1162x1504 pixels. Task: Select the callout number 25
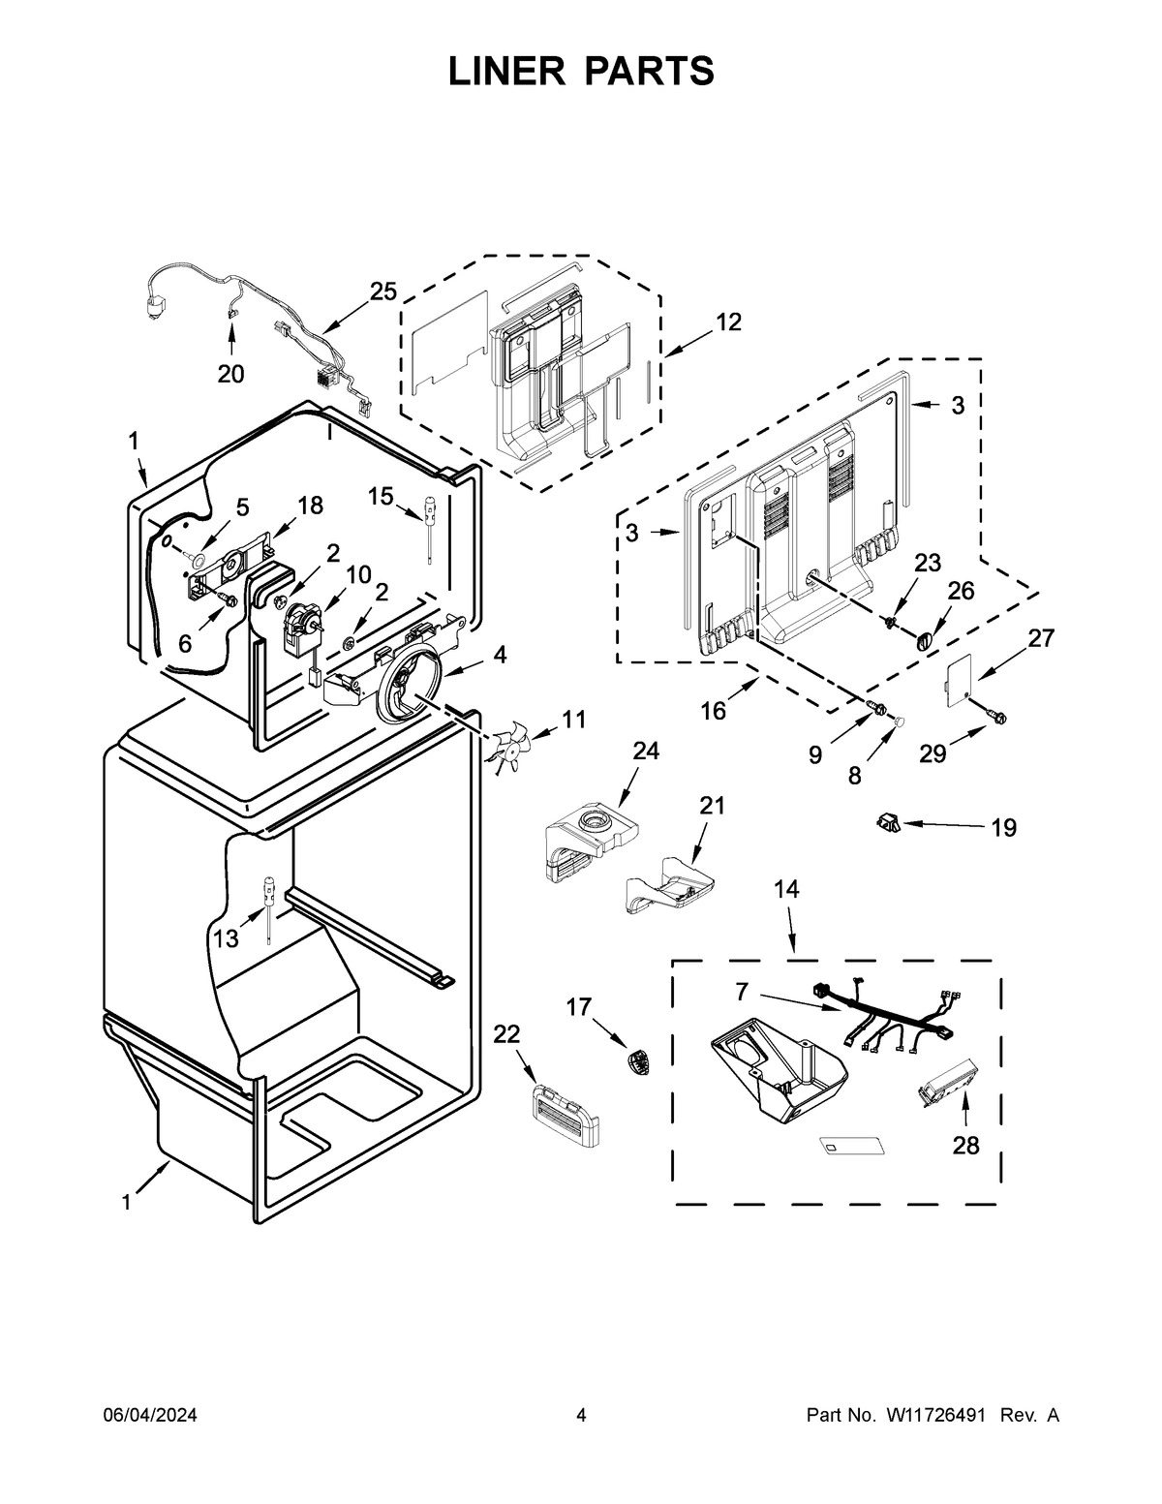point(383,291)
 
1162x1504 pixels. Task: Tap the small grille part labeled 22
point(564,1113)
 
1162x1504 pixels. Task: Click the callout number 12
point(728,322)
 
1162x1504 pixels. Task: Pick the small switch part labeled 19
point(887,822)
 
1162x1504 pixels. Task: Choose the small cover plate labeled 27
point(956,677)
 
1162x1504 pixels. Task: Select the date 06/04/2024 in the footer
point(150,1416)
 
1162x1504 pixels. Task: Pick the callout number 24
point(646,751)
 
